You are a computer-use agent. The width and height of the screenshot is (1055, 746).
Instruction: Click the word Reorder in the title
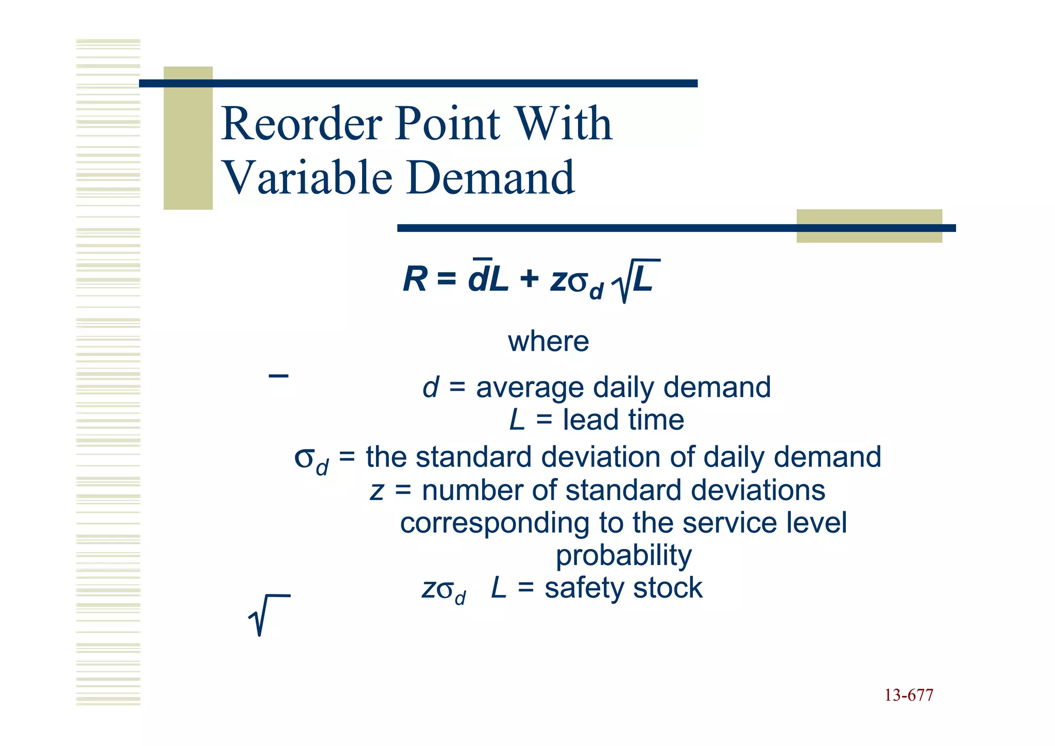pos(301,124)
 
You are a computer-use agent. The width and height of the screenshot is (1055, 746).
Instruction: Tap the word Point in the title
pos(447,124)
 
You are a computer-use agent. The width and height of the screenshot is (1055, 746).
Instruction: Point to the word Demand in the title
pos(490,178)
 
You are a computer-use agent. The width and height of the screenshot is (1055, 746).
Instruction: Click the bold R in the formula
pos(415,280)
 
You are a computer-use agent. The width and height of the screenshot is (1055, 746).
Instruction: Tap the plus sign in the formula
pos(529,280)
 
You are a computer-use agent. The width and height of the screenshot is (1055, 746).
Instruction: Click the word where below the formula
pos(548,341)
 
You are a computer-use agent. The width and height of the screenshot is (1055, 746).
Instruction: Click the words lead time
pos(623,420)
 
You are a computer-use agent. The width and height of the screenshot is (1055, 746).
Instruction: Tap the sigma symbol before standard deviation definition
pos(305,457)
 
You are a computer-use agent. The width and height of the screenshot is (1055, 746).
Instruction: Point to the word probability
pos(623,555)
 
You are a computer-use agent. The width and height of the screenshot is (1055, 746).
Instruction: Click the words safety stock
pos(623,588)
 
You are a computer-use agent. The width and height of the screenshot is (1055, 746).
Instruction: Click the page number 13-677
pos(908,695)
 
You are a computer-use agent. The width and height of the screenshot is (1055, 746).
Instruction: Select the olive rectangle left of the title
pos(188,138)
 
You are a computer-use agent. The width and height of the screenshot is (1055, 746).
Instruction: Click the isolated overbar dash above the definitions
pos(278,376)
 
